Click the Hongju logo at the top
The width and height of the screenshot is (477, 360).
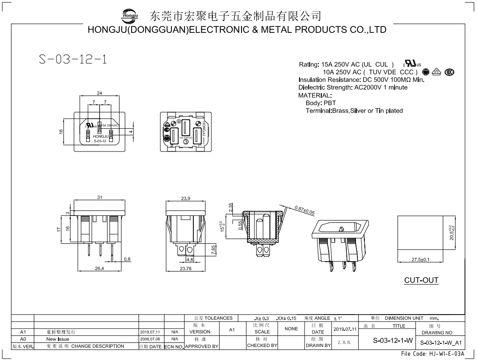click(130, 17)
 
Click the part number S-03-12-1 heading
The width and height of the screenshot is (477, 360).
click(73, 60)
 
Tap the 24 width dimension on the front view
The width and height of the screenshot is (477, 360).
click(99, 93)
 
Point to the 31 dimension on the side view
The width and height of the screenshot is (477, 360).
click(99, 197)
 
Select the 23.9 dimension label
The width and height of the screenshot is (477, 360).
click(185, 198)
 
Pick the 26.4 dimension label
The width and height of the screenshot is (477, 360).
click(99, 268)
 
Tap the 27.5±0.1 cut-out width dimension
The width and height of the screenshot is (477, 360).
click(420, 259)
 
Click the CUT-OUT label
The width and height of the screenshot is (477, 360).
click(421, 280)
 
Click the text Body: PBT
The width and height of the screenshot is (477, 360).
click(321, 103)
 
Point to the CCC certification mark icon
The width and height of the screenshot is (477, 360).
click(449, 72)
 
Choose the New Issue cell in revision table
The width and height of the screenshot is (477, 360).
click(58, 339)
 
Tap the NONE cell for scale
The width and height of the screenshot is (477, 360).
click(291, 328)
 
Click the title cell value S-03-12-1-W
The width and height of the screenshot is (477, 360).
click(393, 341)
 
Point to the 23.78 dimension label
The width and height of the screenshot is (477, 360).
click(185, 268)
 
